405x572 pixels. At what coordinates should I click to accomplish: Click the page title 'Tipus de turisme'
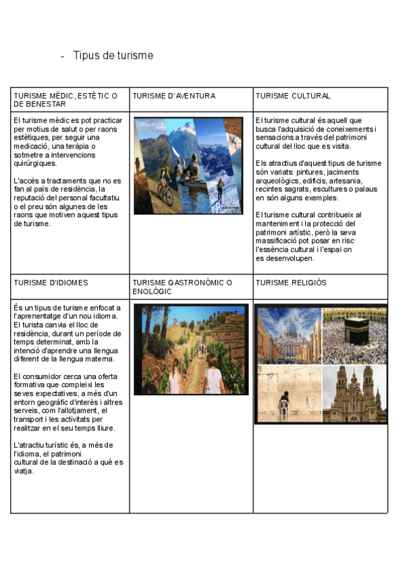(x=113, y=55)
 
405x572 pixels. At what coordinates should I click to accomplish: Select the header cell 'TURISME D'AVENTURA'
(x=173, y=96)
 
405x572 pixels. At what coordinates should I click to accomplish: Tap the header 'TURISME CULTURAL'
(x=293, y=96)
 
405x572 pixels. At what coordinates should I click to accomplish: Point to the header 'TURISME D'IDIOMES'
(x=51, y=283)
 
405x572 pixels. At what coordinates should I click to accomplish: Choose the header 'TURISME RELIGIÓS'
(x=291, y=283)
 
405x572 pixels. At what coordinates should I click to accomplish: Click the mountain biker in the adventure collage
(x=163, y=191)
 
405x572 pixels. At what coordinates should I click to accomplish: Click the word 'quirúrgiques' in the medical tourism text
(x=35, y=163)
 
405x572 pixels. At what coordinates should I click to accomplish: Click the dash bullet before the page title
(x=62, y=56)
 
